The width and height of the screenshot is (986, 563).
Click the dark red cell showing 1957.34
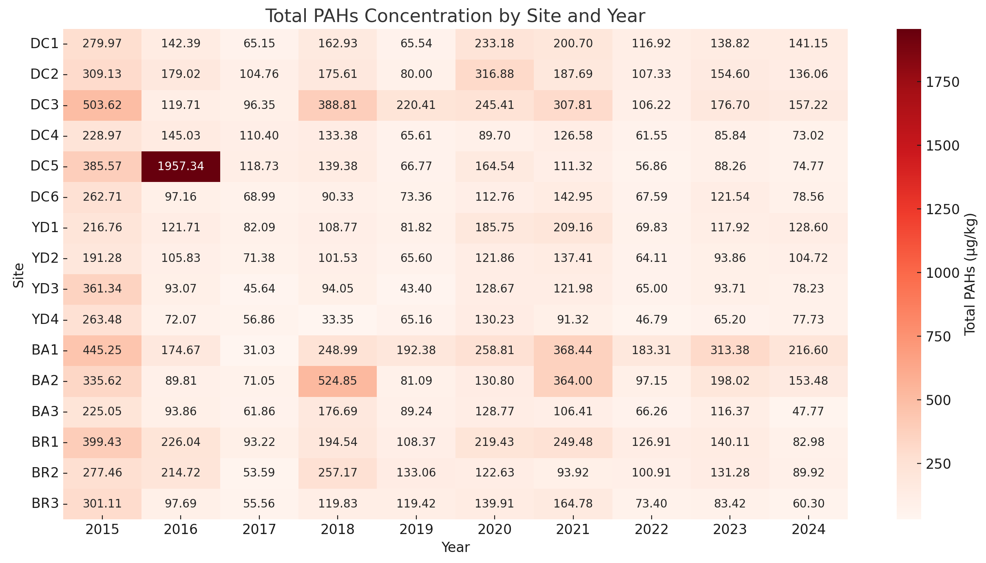pyautogui.click(x=181, y=166)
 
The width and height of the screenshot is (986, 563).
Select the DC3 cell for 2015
pyautogui.click(x=102, y=105)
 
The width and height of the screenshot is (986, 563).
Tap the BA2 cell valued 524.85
pyautogui.click(x=338, y=381)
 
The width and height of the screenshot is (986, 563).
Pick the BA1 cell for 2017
pyautogui.click(x=259, y=350)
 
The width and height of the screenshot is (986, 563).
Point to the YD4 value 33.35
pyautogui.click(x=338, y=319)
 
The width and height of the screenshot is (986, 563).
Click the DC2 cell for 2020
pyautogui.click(x=495, y=74)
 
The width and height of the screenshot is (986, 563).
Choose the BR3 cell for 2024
pyautogui.click(x=808, y=503)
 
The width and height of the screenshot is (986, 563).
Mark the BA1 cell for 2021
pyautogui.click(x=573, y=350)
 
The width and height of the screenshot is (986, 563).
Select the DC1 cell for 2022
pyautogui.click(x=651, y=43)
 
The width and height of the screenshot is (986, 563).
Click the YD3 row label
pyautogui.click(x=45, y=289)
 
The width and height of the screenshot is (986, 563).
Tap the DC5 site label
pyautogui.click(x=45, y=166)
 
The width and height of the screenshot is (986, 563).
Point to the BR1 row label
pyautogui.click(x=45, y=442)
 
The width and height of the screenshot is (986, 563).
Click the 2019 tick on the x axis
pyautogui.click(x=416, y=530)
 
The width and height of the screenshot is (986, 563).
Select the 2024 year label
pyautogui.click(x=808, y=530)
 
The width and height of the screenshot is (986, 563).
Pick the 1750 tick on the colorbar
pyautogui.click(x=942, y=82)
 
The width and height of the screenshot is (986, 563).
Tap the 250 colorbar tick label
pyautogui.click(x=938, y=464)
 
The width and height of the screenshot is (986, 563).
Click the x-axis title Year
pyautogui.click(x=455, y=547)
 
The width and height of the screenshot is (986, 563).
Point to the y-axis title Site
pyautogui.click(x=19, y=275)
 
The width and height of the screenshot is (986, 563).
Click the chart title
pyautogui.click(x=455, y=16)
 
